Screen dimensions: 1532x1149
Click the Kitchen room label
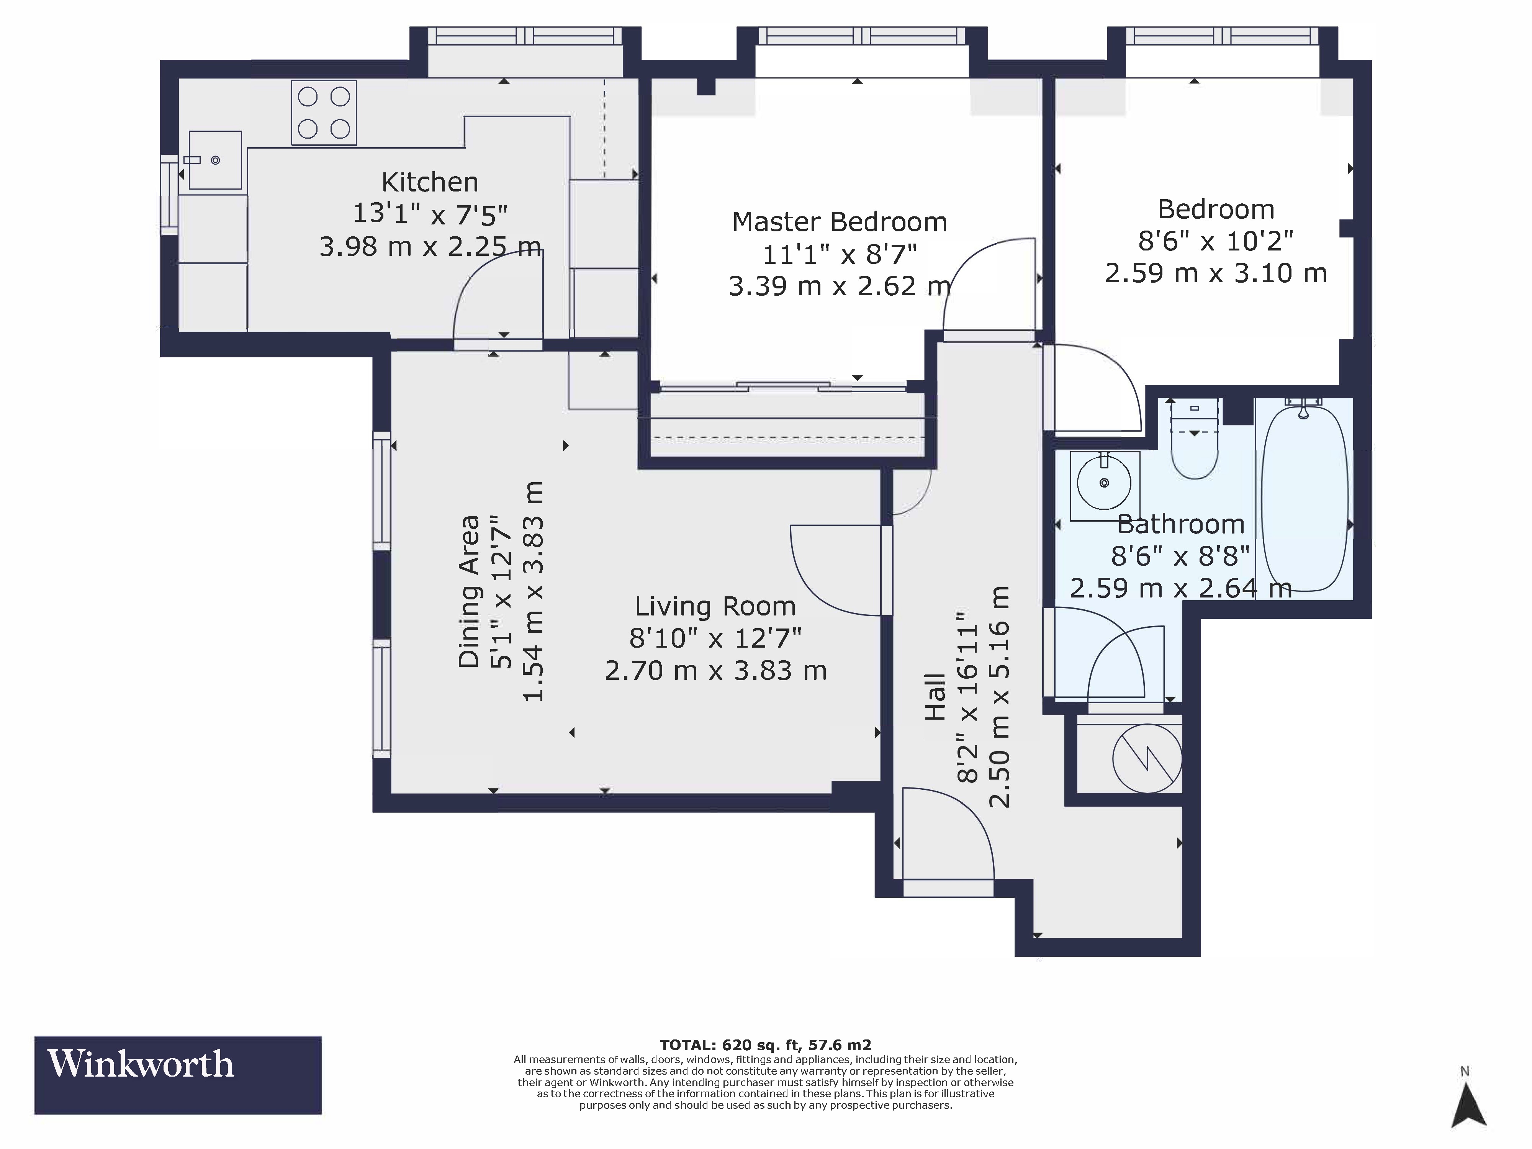click(x=429, y=182)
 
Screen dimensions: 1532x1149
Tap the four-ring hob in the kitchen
click(x=323, y=113)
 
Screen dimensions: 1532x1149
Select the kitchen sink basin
click(x=215, y=160)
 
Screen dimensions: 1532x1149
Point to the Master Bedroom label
click(x=840, y=222)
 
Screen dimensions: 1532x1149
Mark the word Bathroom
click(x=1181, y=524)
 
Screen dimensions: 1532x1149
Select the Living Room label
click(x=715, y=607)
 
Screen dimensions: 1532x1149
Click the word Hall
click(x=935, y=697)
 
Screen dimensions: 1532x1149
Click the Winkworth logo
click(x=178, y=1075)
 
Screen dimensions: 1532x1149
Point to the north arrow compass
click(x=1468, y=1106)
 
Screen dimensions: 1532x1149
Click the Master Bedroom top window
click(x=862, y=36)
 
